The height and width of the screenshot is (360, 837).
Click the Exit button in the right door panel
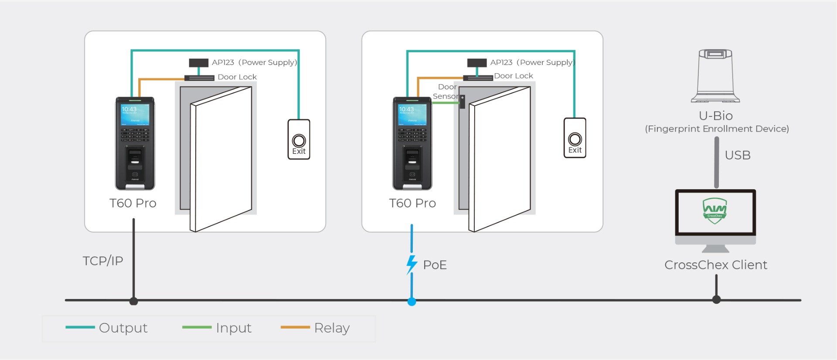(x=575, y=138)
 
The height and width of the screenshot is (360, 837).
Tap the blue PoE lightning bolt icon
(x=412, y=264)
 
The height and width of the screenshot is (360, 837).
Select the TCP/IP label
(x=103, y=261)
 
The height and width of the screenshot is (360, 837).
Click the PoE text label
(x=435, y=265)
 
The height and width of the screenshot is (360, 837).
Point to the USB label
(x=738, y=155)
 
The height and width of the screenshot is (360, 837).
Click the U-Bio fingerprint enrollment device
(x=715, y=76)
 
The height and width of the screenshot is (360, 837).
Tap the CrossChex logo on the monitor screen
(x=715, y=211)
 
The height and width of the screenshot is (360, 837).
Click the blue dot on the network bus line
(x=412, y=301)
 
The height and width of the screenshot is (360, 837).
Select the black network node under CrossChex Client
(x=716, y=299)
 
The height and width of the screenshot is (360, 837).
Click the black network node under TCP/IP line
(x=134, y=301)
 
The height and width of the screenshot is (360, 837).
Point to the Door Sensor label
(x=446, y=92)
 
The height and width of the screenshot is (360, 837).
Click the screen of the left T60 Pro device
(x=135, y=114)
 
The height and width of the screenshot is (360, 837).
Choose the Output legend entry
(x=107, y=328)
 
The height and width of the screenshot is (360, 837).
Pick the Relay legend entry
(x=315, y=328)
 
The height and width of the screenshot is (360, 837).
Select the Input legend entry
(x=217, y=328)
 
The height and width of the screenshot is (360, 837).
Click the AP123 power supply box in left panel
(x=198, y=63)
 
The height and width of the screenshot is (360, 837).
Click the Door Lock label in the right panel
(x=513, y=76)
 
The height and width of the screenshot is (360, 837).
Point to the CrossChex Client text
(x=715, y=265)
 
